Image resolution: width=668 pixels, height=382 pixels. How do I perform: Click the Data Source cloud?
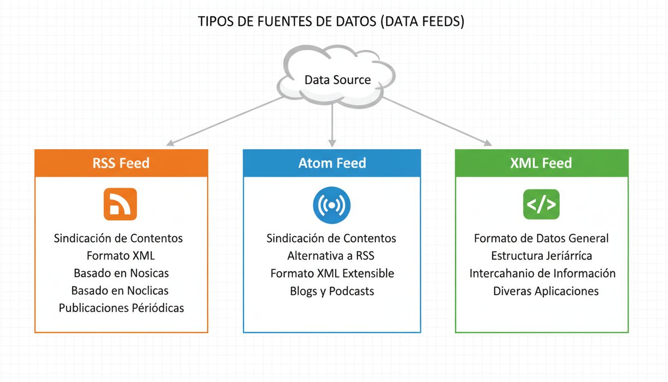click(x=337, y=79)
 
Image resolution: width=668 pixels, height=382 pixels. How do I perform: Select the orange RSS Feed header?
click(x=121, y=163)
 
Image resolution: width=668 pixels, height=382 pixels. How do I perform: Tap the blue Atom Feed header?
click(x=332, y=163)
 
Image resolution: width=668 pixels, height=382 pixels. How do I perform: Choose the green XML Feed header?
click(x=541, y=163)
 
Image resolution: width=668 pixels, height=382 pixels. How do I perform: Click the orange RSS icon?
click(x=120, y=204)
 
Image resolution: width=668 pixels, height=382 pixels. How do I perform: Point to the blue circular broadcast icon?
click(x=332, y=205)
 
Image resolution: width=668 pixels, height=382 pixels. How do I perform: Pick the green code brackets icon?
click(x=541, y=204)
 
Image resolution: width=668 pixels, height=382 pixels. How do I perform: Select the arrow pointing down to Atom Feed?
click(x=332, y=124)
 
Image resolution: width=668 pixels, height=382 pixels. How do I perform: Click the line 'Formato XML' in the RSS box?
click(x=121, y=256)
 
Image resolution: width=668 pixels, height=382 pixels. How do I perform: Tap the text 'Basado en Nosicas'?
click(x=121, y=273)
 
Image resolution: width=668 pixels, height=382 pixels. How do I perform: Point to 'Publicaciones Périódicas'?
click(x=121, y=308)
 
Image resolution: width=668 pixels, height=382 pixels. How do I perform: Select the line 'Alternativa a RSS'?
click(x=331, y=256)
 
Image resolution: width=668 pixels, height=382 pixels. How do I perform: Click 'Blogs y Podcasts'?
click(x=332, y=291)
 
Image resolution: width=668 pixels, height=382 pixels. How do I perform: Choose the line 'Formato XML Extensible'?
click(x=332, y=273)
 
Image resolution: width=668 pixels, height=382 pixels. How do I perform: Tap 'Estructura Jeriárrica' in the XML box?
click(x=541, y=256)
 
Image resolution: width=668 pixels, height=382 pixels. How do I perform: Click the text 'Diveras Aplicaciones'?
click(x=546, y=291)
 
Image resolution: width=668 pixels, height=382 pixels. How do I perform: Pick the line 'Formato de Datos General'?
click(x=541, y=238)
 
